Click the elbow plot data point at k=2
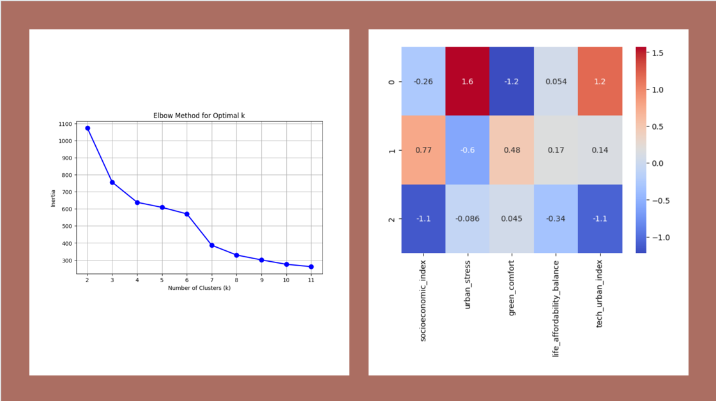tap(88, 128)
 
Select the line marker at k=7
tap(212, 245)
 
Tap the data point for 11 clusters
tap(312, 267)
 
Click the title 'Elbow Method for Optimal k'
tap(199, 116)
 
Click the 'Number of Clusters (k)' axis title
tap(199, 288)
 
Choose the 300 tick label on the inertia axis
tap(66, 261)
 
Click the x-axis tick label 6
tap(187, 280)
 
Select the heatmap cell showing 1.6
tap(468, 81)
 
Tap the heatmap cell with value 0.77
tap(423, 150)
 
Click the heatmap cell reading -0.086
tap(468, 219)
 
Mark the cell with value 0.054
tap(556, 81)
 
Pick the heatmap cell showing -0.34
tap(556, 219)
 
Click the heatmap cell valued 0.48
tap(512, 150)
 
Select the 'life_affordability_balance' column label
tap(556, 307)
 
